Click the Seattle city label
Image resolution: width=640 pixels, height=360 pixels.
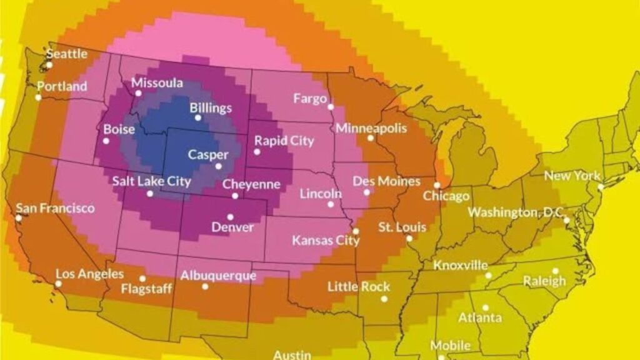point(67,54)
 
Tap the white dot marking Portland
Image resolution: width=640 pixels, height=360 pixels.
point(38,97)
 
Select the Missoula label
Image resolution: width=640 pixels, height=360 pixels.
point(157,83)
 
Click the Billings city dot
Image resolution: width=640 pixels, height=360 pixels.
point(198,117)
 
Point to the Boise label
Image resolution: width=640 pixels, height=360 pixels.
point(119,129)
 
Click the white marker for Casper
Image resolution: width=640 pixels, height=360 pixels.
point(218,166)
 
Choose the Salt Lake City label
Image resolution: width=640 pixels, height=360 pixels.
point(151,181)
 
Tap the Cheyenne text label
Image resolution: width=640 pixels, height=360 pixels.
point(251,184)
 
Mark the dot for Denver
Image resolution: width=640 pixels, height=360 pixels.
point(231,217)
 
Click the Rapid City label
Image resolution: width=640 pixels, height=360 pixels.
point(284,141)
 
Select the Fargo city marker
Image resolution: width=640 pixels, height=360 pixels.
point(331,107)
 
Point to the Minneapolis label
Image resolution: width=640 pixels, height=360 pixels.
point(371,128)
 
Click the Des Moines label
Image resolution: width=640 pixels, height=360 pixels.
point(386,181)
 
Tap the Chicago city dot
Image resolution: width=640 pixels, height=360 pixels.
point(437,185)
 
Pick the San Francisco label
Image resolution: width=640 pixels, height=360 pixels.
point(55,207)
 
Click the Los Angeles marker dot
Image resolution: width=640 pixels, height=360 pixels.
point(58,284)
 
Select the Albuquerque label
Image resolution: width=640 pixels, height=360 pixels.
point(218,276)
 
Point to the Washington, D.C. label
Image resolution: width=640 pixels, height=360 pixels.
point(516,212)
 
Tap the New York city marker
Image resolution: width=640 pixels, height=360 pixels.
point(601,186)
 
